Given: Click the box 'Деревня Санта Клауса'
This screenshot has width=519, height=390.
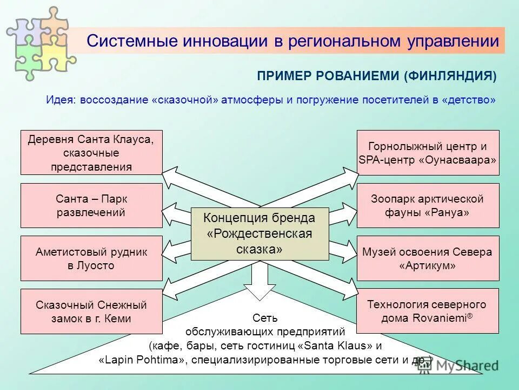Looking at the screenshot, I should (91, 152).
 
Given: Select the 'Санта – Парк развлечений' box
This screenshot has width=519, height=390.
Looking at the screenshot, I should (91, 205).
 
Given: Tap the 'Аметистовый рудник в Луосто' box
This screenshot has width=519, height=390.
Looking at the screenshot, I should (91, 258).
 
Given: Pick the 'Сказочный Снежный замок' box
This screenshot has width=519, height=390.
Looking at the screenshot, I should (91, 311).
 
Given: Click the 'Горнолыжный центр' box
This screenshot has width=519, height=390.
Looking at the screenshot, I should (428, 152).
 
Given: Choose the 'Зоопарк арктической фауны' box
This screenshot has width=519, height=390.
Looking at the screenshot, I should (428, 205).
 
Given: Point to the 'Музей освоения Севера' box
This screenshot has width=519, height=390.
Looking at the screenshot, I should (428, 258).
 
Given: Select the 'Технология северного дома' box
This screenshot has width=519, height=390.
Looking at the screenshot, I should (428, 311).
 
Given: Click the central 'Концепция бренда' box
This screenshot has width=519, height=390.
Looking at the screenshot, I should (259, 233).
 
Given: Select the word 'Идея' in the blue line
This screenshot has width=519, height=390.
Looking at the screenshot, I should (61, 100).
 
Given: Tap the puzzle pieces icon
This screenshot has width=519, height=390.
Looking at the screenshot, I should (41, 42).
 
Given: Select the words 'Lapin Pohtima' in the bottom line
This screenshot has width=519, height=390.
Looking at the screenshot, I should (142, 360).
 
